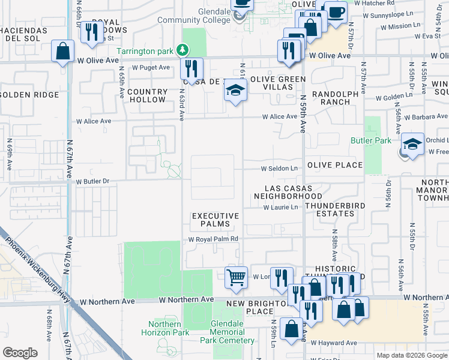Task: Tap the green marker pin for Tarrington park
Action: pyautogui.click(x=186, y=51)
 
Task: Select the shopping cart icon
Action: pyautogui.click(x=237, y=278)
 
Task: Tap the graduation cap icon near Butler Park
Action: pyautogui.click(x=412, y=145)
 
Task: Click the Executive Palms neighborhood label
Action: pyautogui.click(x=215, y=220)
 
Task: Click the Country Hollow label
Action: pyautogui.click(x=148, y=95)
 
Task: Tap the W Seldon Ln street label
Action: pyautogui.click(x=279, y=169)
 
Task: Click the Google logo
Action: pyautogui.click(x=20, y=353)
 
